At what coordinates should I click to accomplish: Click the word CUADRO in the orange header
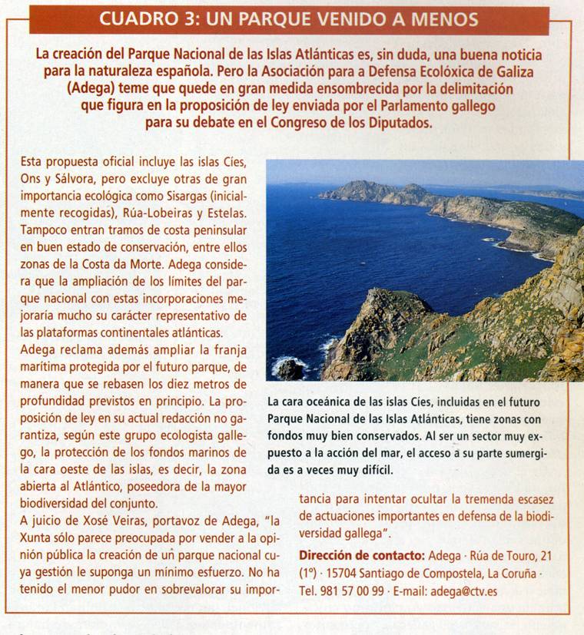141,19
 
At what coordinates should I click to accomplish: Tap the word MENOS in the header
441,19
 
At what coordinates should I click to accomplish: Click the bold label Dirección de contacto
360,555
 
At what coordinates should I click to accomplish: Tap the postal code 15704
337,573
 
